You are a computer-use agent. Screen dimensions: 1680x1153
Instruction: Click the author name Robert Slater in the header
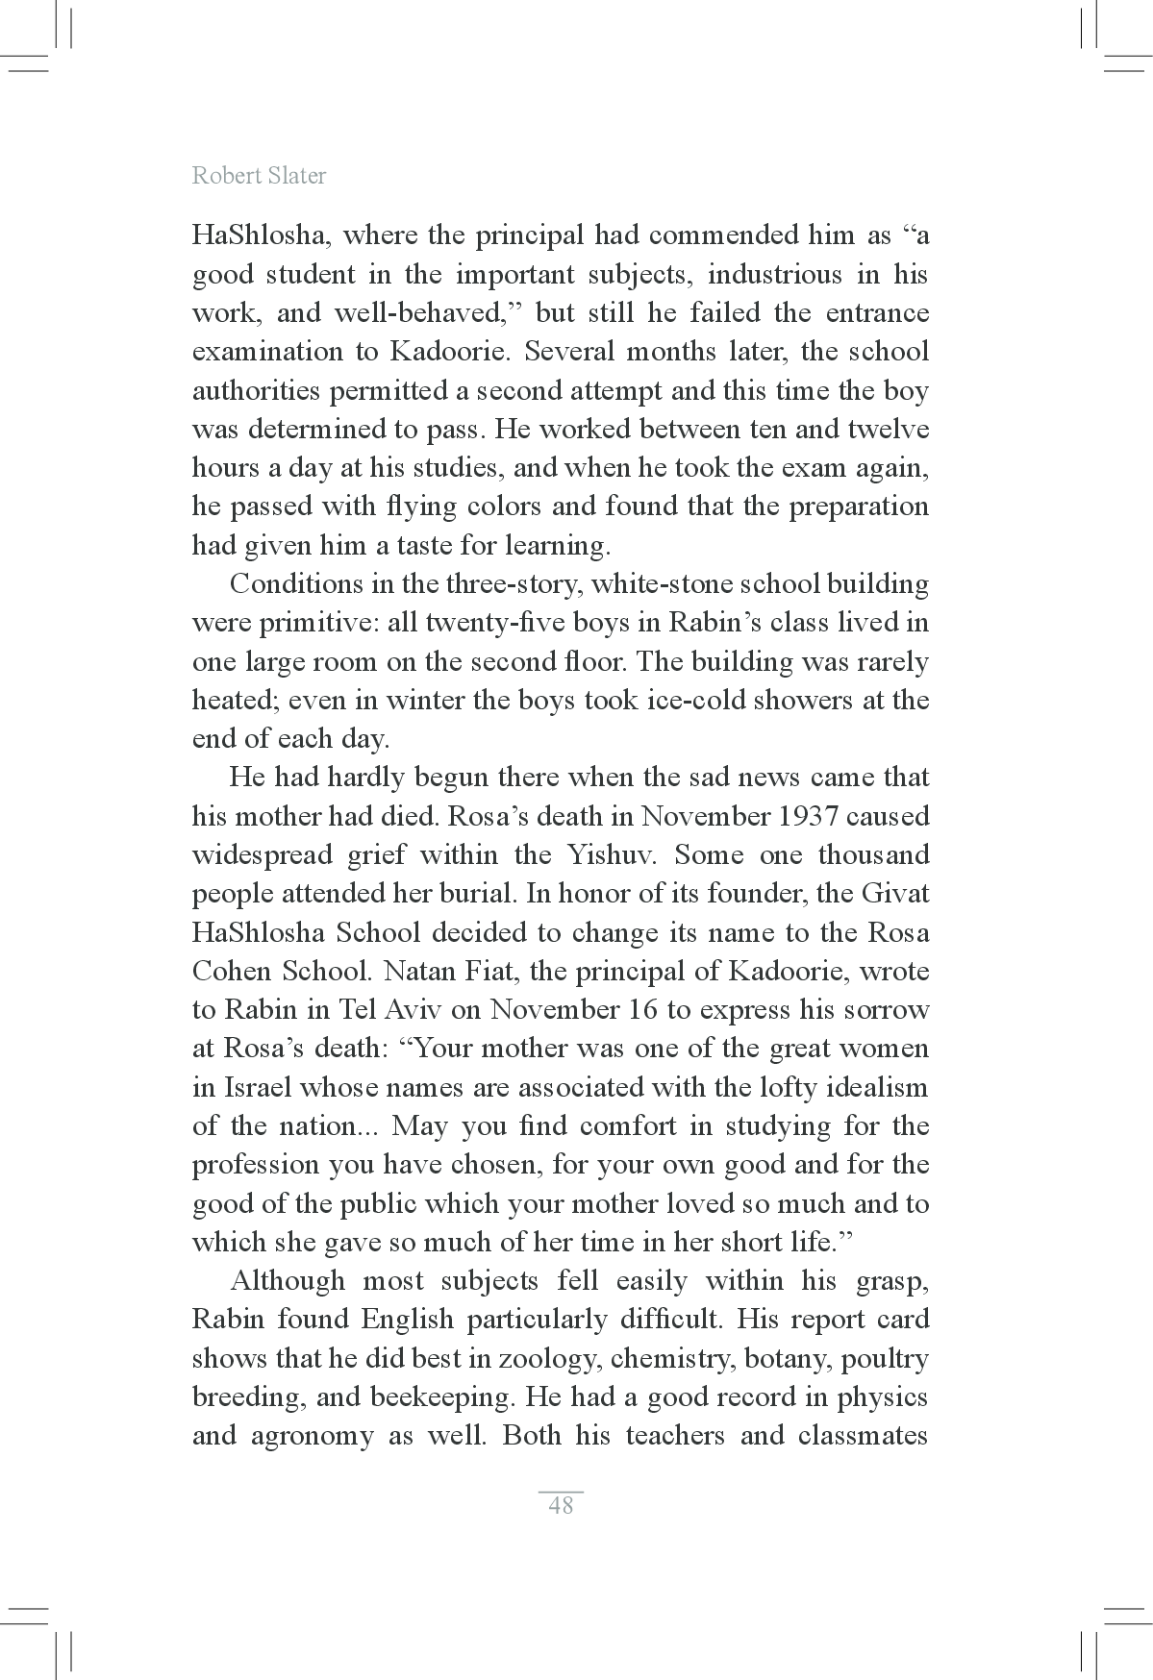coord(259,176)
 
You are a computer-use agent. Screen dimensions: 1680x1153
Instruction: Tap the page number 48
coord(561,1505)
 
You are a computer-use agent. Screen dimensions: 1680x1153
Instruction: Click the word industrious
coord(774,275)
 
